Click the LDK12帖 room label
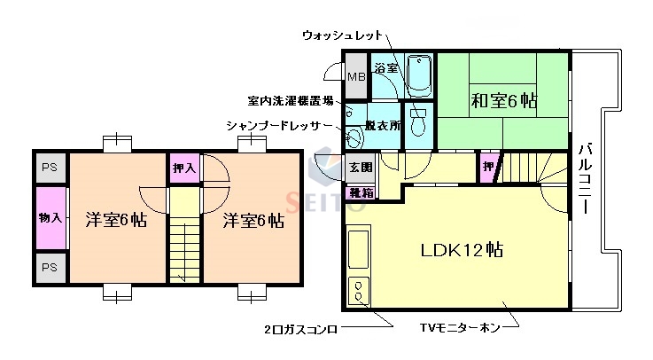[461, 250]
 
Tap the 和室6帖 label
[502, 100]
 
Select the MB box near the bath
[355, 77]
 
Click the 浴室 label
[385, 67]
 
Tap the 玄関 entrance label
[361, 167]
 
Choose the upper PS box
[49, 166]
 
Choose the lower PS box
[49, 266]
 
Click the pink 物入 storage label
[50, 216]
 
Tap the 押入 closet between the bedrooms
[184, 168]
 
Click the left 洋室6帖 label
[115, 219]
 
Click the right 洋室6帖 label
[253, 219]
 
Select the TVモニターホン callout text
[458, 330]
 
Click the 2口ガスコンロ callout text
[299, 330]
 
